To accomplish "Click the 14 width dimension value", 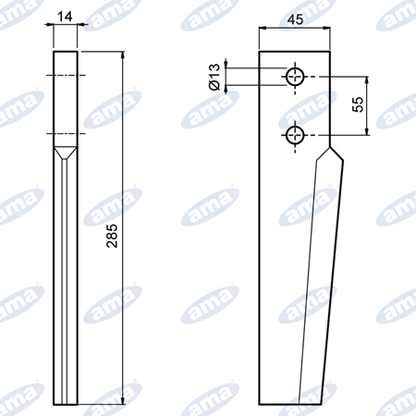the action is click(65, 17).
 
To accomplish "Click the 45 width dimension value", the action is click(295, 19).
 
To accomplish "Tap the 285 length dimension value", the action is click(112, 236).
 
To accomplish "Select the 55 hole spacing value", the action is click(358, 104).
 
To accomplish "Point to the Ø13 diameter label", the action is click(214, 77).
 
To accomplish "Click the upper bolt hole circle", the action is click(295, 77).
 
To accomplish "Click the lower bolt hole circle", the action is click(295, 135).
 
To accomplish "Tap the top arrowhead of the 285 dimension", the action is click(123, 55).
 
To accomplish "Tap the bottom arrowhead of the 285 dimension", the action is click(123, 400).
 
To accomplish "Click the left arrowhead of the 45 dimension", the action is click(263, 28).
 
